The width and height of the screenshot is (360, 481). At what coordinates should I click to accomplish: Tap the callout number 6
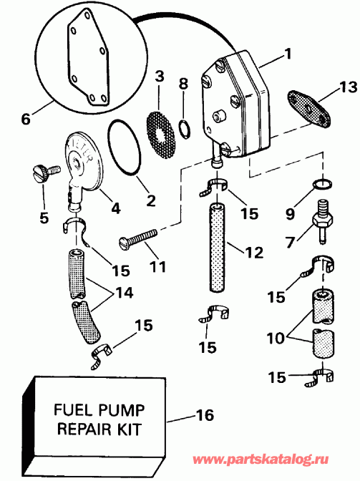(x=26, y=120)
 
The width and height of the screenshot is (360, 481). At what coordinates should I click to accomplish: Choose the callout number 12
(x=253, y=252)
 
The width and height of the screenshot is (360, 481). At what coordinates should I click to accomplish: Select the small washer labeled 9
(x=323, y=184)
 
